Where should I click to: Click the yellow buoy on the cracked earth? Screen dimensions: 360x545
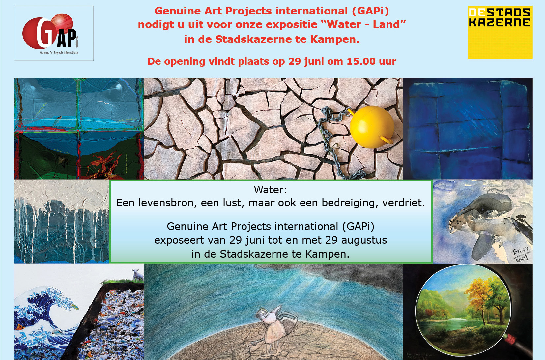tap(372, 127)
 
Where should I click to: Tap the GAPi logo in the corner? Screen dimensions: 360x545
tap(54, 33)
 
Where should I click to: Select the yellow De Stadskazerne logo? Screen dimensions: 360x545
tap(500, 32)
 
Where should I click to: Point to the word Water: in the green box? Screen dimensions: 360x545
tap(270, 190)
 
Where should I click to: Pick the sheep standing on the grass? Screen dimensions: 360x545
tap(138, 274)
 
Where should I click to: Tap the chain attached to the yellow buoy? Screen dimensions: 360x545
tap(330, 132)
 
